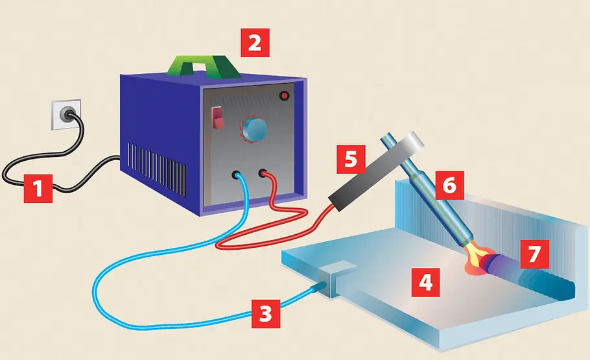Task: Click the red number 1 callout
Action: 38,188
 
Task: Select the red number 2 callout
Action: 255,43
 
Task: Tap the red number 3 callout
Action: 266,314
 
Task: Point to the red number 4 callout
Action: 425,282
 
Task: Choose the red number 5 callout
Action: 351,160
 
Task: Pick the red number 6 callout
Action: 450,186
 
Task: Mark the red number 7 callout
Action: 535,254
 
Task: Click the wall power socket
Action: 67,114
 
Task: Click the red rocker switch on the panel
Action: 217,117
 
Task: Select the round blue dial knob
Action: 254,129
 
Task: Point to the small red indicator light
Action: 285,96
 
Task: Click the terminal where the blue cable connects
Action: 237,174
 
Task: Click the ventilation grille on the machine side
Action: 156,169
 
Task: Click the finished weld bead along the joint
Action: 530,277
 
